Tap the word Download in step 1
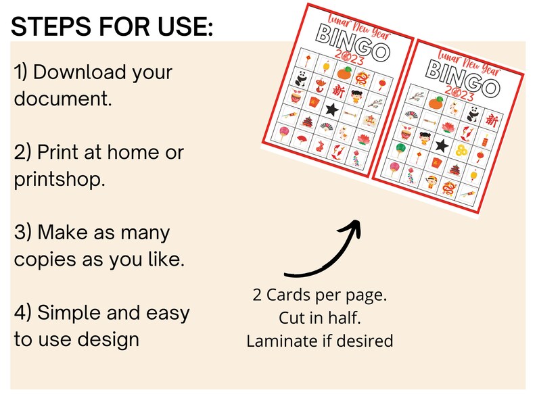tap(101, 72)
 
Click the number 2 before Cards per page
tap(258, 295)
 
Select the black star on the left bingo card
tap(332, 108)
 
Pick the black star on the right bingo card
tap(442, 145)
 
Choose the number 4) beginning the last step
tap(22, 313)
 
